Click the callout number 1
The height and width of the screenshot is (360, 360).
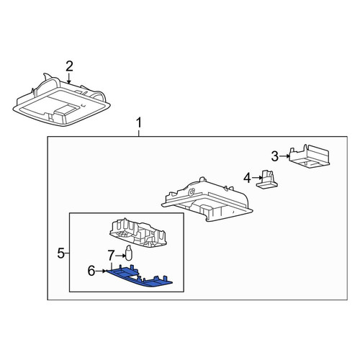(x=139, y=123)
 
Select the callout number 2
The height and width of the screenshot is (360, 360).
(x=69, y=66)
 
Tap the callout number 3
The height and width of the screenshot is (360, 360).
(x=275, y=156)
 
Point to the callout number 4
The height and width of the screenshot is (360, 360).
(x=247, y=179)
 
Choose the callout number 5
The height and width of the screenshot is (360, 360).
(x=61, y=253)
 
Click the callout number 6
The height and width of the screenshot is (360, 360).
(x=91, y=271)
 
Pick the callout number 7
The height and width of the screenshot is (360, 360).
(x=111, y=256)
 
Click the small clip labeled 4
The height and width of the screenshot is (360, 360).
(x=267, y=179)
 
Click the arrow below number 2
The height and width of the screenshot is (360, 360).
(x=69, y=78)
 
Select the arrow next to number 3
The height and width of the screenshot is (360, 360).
(x=285, y=156)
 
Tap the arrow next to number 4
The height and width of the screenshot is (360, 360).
(x=257, y=178)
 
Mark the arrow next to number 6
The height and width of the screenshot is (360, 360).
(x=101, y=271)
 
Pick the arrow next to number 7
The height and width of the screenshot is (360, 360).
(x=120, y=256)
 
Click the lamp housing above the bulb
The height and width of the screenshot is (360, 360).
(x=138, y=233)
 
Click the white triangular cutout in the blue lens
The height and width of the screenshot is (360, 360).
(x=135, y=277)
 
